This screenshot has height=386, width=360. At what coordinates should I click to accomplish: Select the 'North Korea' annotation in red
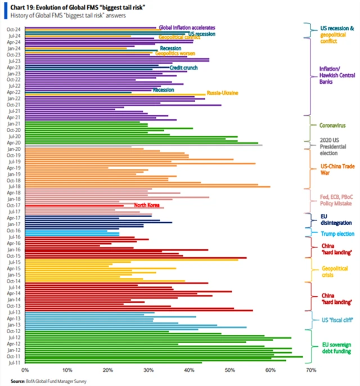point(149,205)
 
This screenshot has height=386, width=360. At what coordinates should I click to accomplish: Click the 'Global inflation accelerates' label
point(187,28)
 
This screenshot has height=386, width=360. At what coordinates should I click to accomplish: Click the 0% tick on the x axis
point(25,370)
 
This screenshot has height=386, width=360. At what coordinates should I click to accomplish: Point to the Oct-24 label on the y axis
point(13,29)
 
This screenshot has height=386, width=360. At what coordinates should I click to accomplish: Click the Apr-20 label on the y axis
point(13,143)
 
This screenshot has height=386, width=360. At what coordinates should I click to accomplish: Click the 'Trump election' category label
point(336,234)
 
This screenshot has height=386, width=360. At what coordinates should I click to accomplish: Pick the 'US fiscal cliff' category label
point(336,320)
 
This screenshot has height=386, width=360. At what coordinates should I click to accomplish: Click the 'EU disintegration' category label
point(335,218)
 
